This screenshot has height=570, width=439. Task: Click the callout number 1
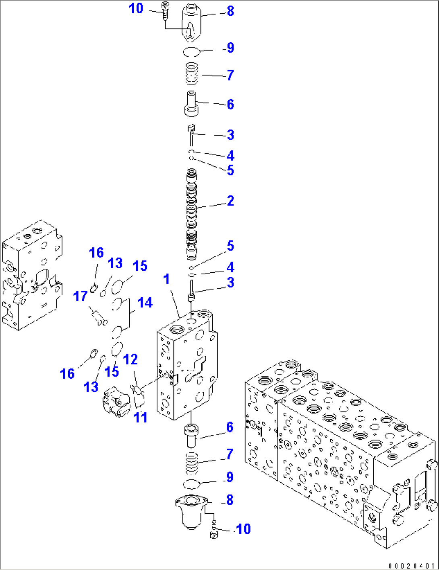click(166, 279)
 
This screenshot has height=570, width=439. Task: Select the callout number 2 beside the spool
click(230, 201)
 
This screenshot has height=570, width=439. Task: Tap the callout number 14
click(145, 302)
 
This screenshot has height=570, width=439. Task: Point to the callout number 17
click(80, 296)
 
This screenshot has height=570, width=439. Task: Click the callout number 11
click(140, 418)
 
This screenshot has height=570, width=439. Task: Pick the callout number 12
click(130, 359)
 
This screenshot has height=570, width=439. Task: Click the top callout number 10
click(136, 8)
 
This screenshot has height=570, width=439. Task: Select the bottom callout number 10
click(243, 529)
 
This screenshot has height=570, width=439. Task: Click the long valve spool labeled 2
click(192, 215)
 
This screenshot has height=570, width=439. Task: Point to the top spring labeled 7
click(192, 74)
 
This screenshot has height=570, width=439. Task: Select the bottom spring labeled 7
click(193, 463)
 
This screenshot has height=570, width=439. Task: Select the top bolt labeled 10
click(165, 10)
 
